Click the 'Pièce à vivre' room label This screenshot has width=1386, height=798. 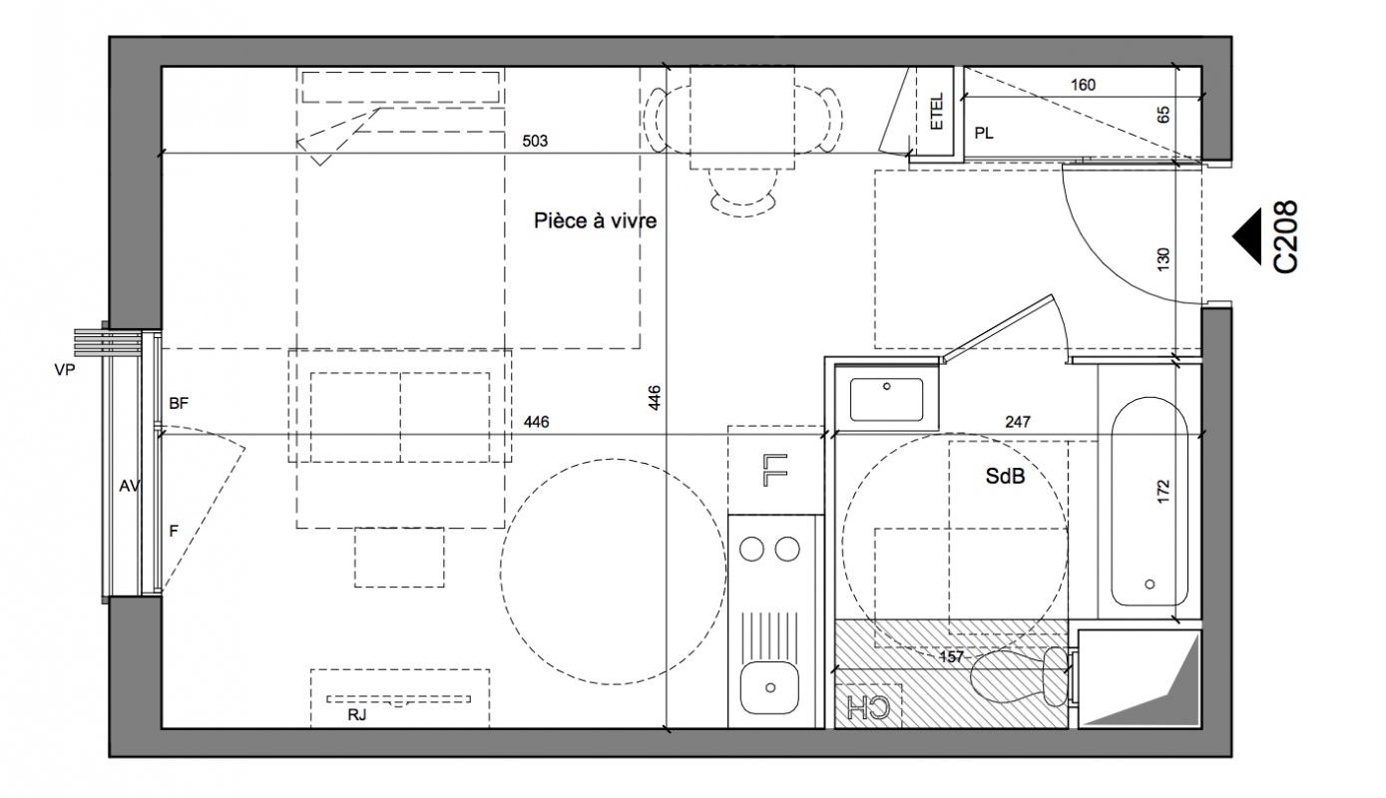(596, 220)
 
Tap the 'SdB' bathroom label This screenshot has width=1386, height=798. (1005, 476)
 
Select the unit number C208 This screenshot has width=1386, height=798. (1284, 237)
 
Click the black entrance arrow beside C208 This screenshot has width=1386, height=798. (1246, 237)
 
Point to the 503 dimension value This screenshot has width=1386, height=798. (535, 141)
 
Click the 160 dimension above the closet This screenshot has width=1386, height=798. (1083, 85)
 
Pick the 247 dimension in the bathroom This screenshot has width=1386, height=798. (1018, 422)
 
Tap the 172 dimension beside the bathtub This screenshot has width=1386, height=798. (1163, 491)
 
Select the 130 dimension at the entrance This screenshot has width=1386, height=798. (1163, 259)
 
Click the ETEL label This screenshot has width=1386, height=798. (937, 112)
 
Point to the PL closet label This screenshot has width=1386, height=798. (984, 134)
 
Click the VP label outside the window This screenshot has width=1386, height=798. (65, 370)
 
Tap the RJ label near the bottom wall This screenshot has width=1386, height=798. (357, 715)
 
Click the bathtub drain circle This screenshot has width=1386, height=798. (1150, 584)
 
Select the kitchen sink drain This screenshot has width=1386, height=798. (770, 688)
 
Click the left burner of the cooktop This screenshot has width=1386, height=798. (751, 549)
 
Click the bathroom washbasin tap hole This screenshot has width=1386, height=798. (887, 387)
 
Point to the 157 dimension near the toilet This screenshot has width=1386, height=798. (951, 657)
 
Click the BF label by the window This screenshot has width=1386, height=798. (179, 404)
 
